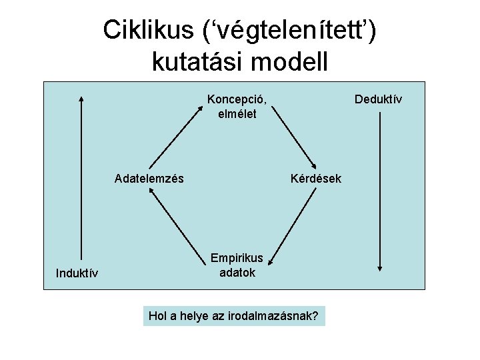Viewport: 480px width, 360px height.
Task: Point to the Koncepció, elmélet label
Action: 237,106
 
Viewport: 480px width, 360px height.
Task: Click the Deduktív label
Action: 378,99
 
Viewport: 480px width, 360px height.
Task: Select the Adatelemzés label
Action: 149,179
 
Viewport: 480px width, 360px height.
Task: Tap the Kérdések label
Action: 316,179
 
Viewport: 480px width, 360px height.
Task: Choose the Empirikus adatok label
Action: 237,265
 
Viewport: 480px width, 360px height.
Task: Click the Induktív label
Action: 77,273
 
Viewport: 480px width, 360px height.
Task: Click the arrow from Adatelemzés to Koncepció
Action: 174,134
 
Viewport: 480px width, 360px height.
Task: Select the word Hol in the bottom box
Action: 158,315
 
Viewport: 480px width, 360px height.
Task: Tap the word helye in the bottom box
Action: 195,315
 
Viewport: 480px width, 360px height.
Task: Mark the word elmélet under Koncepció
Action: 237,113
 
